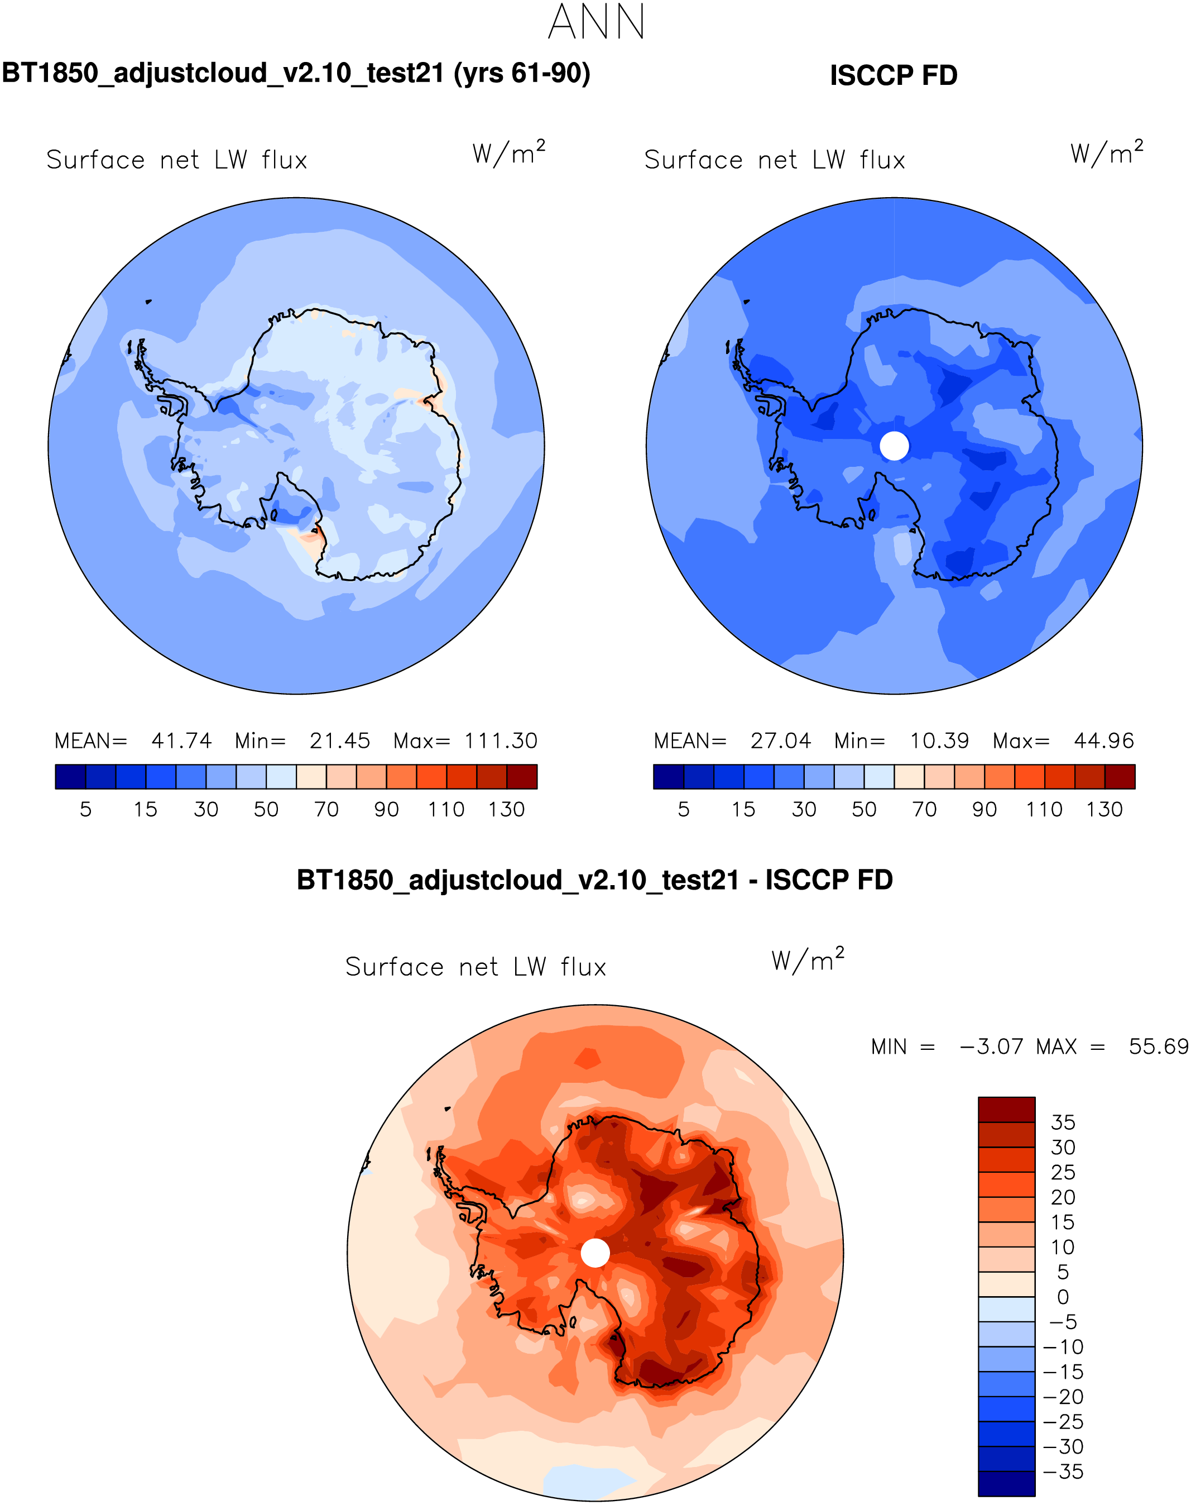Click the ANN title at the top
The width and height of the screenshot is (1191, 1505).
[x=596, y=22]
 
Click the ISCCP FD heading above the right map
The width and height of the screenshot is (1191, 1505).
[x=893, y=75]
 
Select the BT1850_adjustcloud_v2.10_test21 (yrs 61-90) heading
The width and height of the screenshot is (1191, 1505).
[x=296, y=73]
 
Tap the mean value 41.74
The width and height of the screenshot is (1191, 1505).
[x=181, y=740]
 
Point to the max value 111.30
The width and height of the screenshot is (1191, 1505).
[x=501, y=740]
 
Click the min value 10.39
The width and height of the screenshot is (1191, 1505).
[x=939, y=740]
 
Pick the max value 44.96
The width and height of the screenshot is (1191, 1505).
[x=1103, y=740]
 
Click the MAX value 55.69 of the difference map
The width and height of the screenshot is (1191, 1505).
[x=1158, y=1047]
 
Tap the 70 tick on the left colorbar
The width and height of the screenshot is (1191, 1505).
[x=326, y=809]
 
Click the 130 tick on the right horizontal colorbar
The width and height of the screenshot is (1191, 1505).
[x=1104, y=809]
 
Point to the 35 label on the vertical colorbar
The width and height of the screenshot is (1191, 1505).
[x=1063, y=1122]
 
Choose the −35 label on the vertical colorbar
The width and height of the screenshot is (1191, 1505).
[x=1063, y=1472]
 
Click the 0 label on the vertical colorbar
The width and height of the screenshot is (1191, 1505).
[x=1063, y=1297]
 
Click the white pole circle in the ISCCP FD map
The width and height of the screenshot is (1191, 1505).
[x=894, y=445]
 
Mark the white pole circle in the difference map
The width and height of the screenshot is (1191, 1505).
[x=595, y=1253]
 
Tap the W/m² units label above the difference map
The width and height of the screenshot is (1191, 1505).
[x=808, y=960]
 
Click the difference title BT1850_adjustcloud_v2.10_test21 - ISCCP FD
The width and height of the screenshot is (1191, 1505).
[x=595, y=881]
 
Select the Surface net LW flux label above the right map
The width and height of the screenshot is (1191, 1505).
[x=774, y=160]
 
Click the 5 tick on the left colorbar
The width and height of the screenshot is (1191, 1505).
[x=86, y=809]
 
